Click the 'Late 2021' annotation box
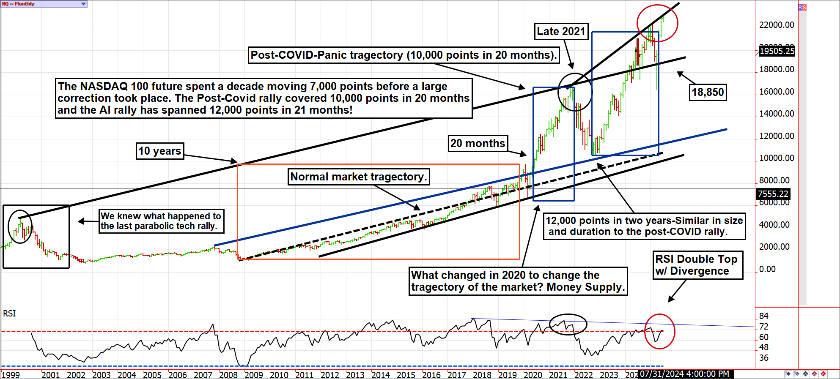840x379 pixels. [561, 31]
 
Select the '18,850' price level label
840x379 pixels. [708, 92]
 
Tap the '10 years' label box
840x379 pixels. [160, 151]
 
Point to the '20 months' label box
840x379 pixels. [478, 143]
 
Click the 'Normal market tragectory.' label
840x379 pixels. [358, 177]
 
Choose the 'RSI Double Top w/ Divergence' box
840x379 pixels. [696, 265]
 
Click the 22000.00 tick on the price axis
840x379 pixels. [777, 25]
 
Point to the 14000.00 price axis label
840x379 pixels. [777, 114]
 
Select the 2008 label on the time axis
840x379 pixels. [228, 375]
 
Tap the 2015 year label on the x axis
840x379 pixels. [406, 375]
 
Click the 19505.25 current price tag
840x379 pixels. [777, 51]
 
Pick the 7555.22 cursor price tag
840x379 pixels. [773, 194]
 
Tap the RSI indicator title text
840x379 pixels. [9, 314]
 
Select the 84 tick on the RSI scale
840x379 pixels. [764, 316]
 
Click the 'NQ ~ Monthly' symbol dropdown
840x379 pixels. [44, 4]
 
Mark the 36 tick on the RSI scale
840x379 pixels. [764, 358]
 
